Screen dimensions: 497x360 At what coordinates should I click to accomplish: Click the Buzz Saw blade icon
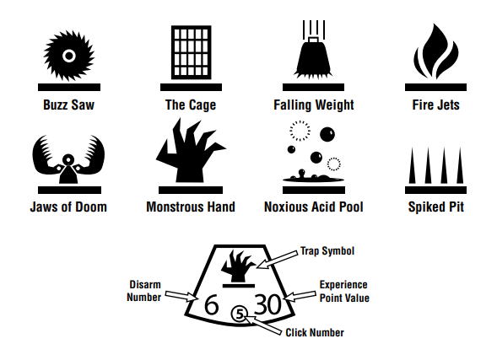[x=69, y=56]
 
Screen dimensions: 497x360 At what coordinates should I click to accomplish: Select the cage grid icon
[x=192, y=52]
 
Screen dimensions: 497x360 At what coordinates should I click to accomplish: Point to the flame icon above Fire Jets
[x=436, y=51]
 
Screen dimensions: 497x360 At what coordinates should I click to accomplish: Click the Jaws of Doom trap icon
[x=68, y=159]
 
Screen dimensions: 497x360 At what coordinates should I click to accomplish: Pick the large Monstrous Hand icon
[x=191, y=150]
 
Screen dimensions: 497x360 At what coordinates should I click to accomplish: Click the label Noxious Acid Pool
[x=314, y=207]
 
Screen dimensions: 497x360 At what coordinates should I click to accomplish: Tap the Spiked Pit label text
[x=436, y=207]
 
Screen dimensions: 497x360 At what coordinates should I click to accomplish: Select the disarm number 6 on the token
[x=212, y=304]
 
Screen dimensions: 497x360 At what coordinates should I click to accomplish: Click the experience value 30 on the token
[x=267, y=304]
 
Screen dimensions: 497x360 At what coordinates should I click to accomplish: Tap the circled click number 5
[x=240, y=314]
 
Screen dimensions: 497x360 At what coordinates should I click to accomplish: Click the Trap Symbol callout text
[x=327, y=251]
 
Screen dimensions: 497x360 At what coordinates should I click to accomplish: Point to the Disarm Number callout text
[x=144, y=291]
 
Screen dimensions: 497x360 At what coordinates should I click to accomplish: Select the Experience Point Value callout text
[x=344, y=292]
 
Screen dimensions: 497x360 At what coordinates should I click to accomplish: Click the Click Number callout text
[x=315, y=333]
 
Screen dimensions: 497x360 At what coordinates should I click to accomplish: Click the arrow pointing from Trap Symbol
[x=277, y=260]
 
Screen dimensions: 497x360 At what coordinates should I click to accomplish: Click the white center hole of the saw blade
[x=69, y=56]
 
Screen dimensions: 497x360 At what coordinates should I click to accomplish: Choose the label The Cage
[x=191, y=105]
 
